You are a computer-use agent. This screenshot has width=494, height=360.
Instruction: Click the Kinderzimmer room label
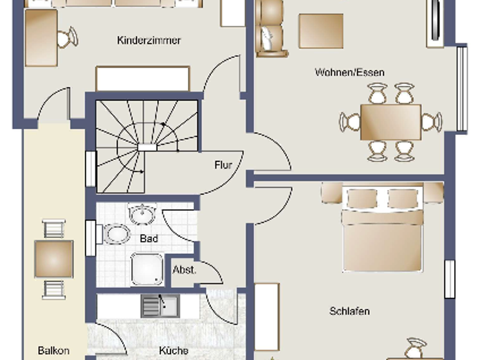149,40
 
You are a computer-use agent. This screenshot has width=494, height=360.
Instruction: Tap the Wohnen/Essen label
349,72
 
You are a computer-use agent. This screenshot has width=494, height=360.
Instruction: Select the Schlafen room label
349,311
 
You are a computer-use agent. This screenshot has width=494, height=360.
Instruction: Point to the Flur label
223,165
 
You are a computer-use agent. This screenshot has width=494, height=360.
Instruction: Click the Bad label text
149,239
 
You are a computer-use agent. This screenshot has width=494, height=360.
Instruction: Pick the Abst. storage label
184,270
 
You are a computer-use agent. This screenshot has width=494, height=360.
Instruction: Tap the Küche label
174,350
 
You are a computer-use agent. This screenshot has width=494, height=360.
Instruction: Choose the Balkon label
53,351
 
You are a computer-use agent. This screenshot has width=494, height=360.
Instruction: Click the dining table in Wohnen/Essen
390,122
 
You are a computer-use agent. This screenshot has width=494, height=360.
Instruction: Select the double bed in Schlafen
383,230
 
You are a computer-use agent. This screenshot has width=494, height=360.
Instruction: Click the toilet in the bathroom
116,233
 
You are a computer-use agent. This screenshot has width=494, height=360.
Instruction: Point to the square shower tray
147,269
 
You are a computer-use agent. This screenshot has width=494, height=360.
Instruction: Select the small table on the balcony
53,258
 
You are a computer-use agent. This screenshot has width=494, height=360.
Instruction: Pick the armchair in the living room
271,29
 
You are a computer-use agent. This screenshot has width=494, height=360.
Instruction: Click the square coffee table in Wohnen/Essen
320,30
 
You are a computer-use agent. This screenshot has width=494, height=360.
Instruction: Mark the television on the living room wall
435,22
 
